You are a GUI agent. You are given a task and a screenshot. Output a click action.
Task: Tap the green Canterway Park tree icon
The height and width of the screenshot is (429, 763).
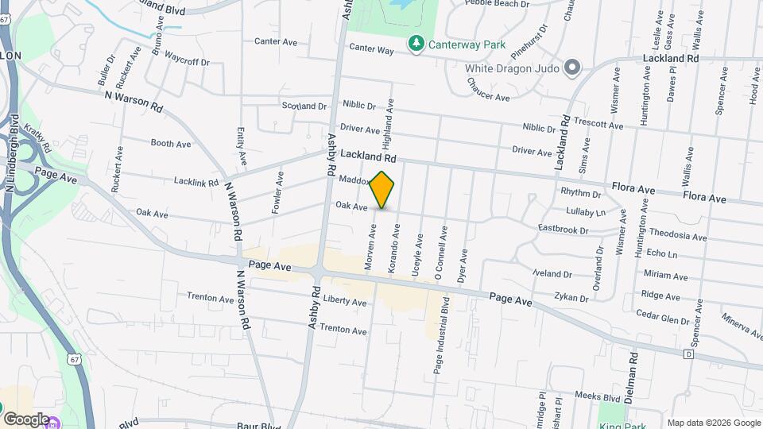point(414,42)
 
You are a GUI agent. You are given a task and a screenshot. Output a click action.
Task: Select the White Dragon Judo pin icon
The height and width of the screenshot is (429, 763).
point(571,68)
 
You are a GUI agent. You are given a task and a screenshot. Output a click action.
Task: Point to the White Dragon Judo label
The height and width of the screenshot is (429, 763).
point(512,68)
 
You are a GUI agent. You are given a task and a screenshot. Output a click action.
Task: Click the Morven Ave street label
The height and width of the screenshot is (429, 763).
point(370,247)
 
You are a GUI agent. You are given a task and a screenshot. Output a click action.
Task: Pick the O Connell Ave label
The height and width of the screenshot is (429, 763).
point(440,252)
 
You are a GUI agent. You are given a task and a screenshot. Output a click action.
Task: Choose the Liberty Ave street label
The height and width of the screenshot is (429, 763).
point(345,303)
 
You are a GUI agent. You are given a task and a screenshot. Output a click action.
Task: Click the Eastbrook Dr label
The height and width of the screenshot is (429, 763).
point(563,230)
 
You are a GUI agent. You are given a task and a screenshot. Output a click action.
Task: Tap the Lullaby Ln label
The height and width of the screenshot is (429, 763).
point(585,212)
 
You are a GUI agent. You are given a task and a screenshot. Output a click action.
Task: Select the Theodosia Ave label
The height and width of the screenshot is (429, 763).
point(677,235)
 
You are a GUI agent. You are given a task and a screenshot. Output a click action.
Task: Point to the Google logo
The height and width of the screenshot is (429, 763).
point(26,419)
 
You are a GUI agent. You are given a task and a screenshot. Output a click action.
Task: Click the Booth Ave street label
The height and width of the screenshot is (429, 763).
point(171,144)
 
